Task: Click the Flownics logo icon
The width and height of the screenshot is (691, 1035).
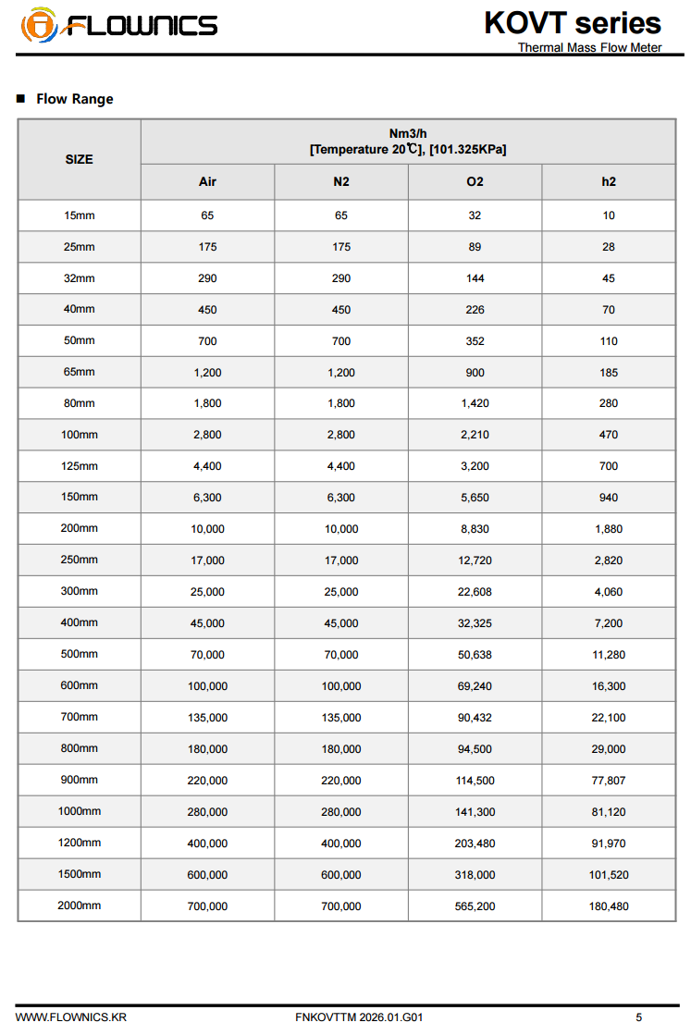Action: pos(38,24)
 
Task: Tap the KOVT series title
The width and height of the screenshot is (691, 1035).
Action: pos(573,22)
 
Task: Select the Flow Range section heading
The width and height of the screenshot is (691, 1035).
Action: pos(74,99)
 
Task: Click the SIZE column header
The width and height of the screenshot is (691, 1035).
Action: pos(79,159)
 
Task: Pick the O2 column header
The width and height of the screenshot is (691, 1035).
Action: pos(475,181)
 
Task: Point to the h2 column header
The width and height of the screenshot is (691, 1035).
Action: pos(609,181)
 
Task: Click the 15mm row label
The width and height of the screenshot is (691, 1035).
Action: pos(79,216)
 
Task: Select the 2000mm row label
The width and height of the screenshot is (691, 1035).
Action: pos(79,906)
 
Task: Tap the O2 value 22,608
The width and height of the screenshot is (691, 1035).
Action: pos(475,592)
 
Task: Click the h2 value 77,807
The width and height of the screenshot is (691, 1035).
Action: pos(609,781)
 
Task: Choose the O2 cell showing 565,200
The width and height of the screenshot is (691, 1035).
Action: pos(475,906)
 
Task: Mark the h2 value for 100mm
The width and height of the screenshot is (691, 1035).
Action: pos(609,435)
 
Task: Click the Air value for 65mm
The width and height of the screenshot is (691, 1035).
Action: pos(207,373)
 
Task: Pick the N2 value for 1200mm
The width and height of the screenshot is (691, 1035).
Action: pos(341,844)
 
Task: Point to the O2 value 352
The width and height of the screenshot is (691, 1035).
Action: pos(475,341)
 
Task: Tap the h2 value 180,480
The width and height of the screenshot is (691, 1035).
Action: pos(609,906)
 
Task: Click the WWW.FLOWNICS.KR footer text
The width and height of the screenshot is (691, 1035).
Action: pos(71,1017)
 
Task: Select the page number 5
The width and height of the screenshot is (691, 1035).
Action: pos(638,1017)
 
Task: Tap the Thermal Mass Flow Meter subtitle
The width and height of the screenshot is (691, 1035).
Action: pos(589,47)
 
